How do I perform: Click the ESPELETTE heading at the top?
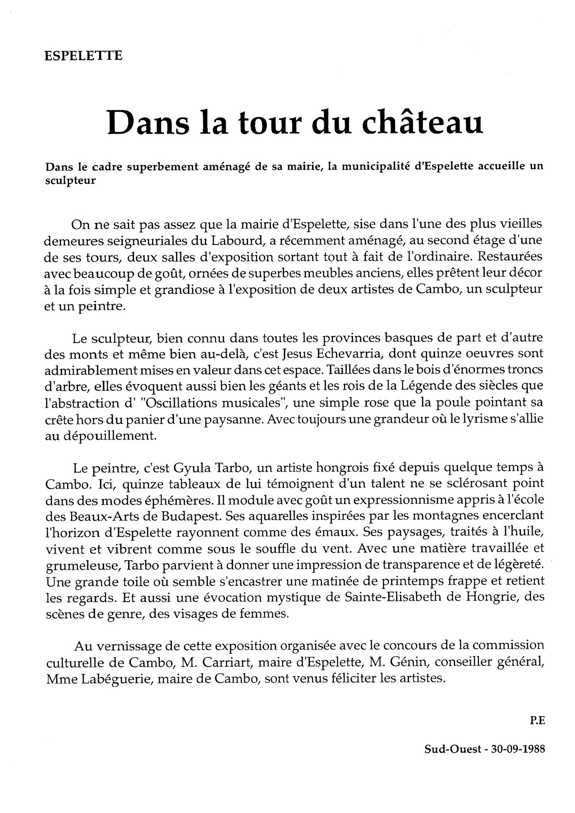(x=83, y=55)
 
